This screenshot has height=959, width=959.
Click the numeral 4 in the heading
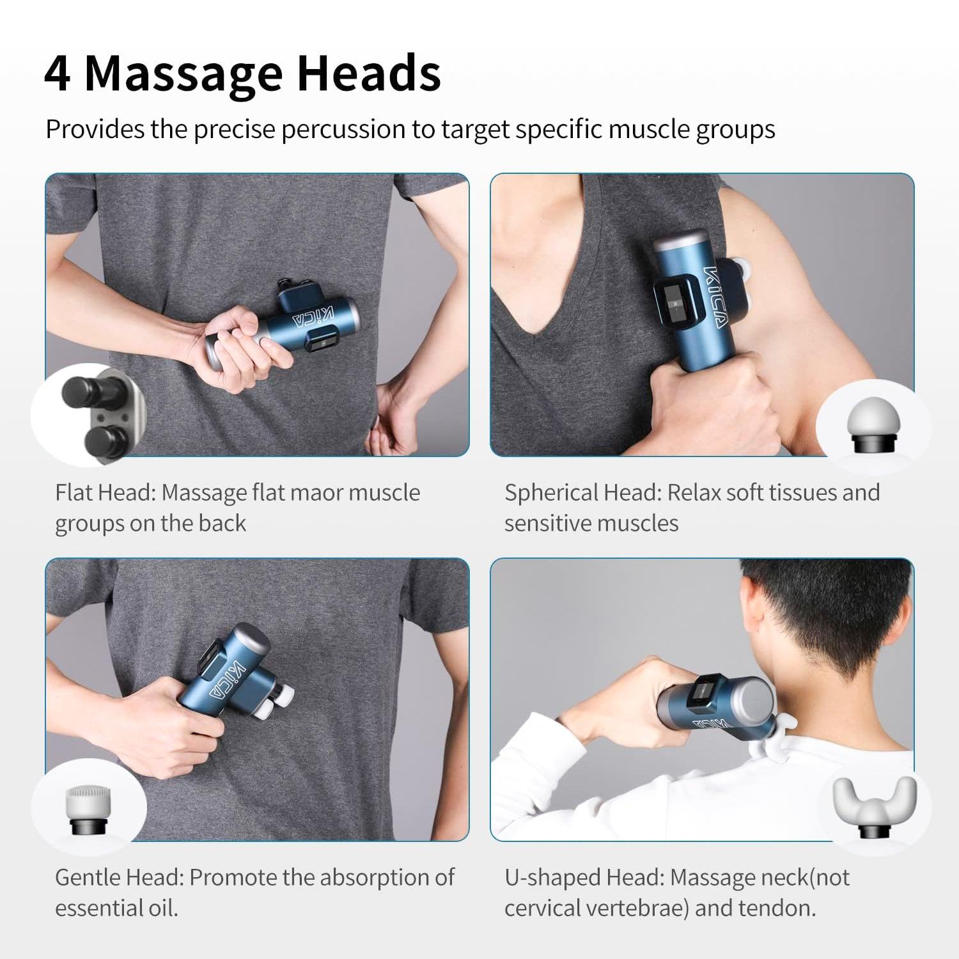point(57,74)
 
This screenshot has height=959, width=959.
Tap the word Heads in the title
point(369,74)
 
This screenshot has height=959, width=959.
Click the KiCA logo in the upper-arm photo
point(715,297)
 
